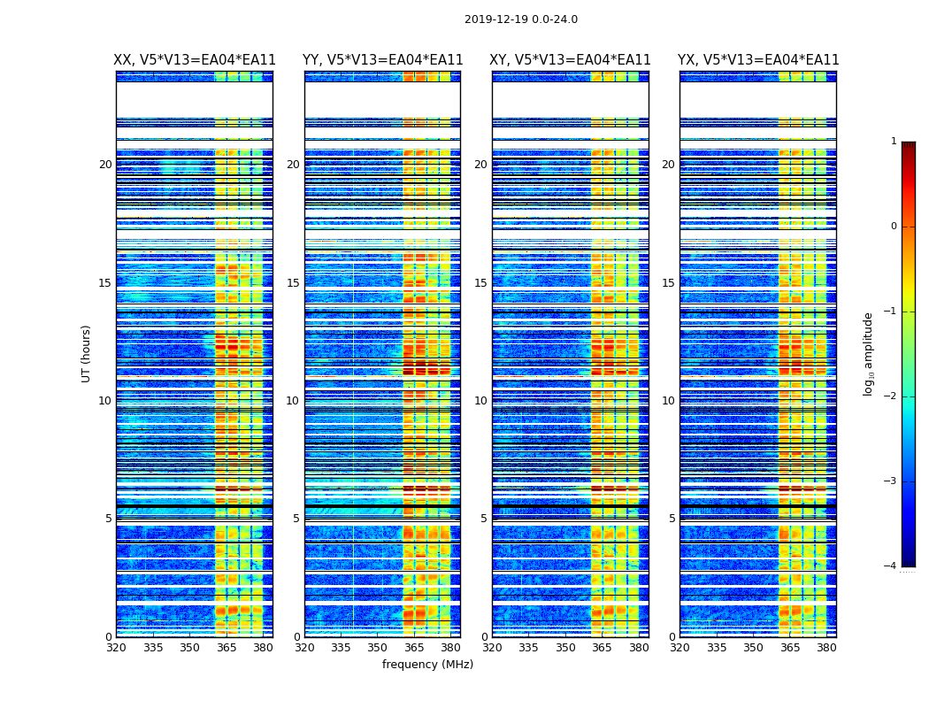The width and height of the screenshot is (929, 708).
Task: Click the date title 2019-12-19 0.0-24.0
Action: coord(520,19)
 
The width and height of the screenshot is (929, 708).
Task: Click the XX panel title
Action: coord(195,60)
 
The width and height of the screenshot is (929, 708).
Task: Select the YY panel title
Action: coord(382,60)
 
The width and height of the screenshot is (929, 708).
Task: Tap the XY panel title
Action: coord(570,60)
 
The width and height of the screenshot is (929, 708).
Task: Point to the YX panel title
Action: coord(758,60)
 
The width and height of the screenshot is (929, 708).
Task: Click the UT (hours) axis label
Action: coord(87,353)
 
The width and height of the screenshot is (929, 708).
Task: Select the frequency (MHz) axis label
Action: coord(427,665)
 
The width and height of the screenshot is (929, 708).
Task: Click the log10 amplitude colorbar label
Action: coord(869,353)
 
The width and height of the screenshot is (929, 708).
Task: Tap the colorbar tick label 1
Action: coord(894,142)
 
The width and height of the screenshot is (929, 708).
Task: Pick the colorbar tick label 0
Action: coord(894,227)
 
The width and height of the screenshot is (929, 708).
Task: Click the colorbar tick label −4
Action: coord(891,566)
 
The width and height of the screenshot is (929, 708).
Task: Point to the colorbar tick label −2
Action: coord(891,396)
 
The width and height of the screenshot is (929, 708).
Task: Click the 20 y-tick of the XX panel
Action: coord(105,165)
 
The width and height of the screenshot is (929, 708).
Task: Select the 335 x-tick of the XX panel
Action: coord(153,647)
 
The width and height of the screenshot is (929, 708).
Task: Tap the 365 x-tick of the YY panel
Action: coord(414,647)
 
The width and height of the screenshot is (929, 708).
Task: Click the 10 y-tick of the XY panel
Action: coord(480,401)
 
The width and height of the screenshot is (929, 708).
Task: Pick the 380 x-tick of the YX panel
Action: coord(826,647)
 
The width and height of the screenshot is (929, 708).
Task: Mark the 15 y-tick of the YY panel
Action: coord(293,283)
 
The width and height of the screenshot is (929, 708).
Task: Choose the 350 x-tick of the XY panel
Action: coord(565,647)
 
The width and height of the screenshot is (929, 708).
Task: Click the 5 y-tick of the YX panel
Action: coord(672,519)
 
